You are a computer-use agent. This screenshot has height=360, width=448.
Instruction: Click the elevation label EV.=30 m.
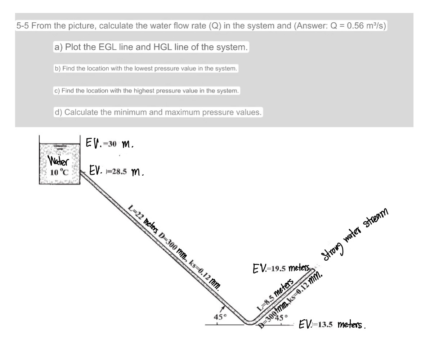tap(109, 144)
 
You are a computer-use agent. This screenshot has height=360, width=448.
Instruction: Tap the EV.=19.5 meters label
tap(281, 268)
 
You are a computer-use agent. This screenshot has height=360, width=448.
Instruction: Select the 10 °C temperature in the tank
tap(59, 172)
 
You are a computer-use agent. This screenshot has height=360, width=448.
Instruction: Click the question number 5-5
tap(24, 26)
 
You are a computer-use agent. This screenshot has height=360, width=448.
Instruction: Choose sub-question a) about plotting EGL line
tap(151, 47)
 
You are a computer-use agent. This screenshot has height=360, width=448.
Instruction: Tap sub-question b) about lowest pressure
tap(146, 68)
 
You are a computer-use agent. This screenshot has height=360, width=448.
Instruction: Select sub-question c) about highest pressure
tap(147, 91)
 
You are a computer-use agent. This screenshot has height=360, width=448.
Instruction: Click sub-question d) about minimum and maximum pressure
tap(158, 112)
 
